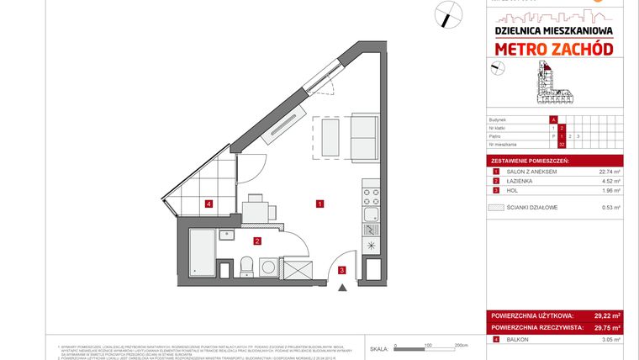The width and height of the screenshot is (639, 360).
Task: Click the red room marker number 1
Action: tap(320, 203)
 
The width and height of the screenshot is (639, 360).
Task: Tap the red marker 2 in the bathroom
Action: tap(258, 241)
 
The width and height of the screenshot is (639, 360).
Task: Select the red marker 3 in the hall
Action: tap(341, 270)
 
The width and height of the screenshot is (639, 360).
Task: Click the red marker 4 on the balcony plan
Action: tap(208, 203)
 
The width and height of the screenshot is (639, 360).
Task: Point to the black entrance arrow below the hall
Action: tap(341, 288)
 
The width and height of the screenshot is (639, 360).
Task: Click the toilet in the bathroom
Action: tap(246, 267)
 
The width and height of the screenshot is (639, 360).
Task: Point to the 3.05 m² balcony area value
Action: tap(610, 340)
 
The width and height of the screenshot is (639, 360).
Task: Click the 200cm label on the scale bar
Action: tap(460, 346)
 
